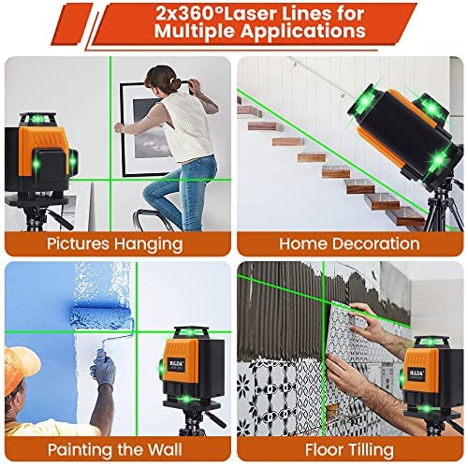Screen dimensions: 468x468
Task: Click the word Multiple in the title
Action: pyautogui.click(x=195, y=32)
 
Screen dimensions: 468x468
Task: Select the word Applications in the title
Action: pyautogui.click(x=303, y=32)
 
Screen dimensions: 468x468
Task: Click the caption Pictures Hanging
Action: pyautogui.click(x=115, y=244)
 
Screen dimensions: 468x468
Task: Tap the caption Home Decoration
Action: pyautogui.click(x=349, y=243)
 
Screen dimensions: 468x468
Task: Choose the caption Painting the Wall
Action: pyautogui.click(x=115, y=449)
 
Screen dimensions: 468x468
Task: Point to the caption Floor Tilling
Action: pyautogui.click(x=349, y=450)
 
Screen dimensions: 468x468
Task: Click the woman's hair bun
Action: pyautogui.click(x=175, y=84)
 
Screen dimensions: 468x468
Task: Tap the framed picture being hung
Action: pyautogui.click(x=147, y=129)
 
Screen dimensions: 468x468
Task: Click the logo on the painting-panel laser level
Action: pyautogui.click(x=177, y=363)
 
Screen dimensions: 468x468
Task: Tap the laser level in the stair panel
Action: pyautogui.click(x=405, y=134)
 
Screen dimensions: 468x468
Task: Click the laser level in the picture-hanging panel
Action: pyautogui.click(x=40, y=156)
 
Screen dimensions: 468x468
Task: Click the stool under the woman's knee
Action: pyautogui.click(x=153, y=220)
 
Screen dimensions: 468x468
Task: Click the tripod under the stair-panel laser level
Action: pyautogui.click(x=443, y=208)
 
